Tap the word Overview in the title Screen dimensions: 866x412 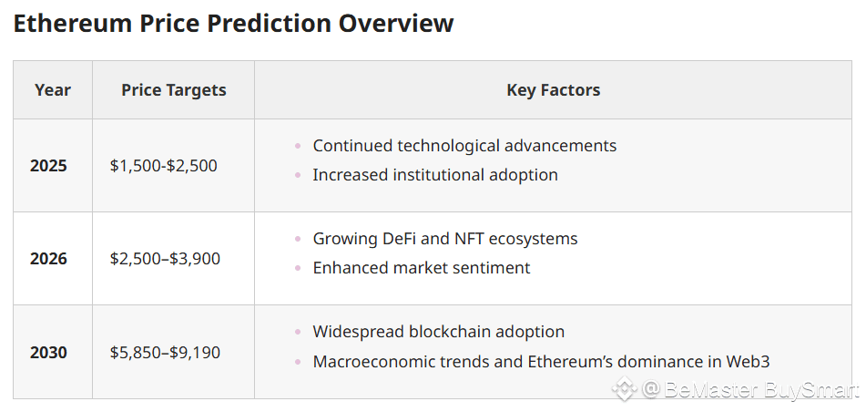tap(396, 23)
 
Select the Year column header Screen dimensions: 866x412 tap(53, 90)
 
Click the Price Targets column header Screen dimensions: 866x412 tap(173, 90)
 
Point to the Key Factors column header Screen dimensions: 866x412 tap(553, 90)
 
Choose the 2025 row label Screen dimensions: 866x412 tap(48, 165)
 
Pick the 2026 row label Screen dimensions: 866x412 tap(48, 258)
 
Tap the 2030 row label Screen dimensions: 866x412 tap(48, 352)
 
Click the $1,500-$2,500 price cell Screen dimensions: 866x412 tap(164, 165)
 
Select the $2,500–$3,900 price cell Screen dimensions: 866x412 tap(165, 258)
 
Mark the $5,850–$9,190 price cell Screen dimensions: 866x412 tap(165, 352)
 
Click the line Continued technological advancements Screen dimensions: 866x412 tap(464, 146)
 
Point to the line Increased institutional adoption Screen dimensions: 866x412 tap(435, 175)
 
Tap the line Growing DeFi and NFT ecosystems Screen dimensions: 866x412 tap(445, 238)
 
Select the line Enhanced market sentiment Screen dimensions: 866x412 tap(422, 268)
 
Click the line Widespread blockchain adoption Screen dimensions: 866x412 tap(439, 332)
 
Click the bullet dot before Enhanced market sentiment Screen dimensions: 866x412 tap(298, 268)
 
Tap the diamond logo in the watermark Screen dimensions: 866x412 tap(625, 389)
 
